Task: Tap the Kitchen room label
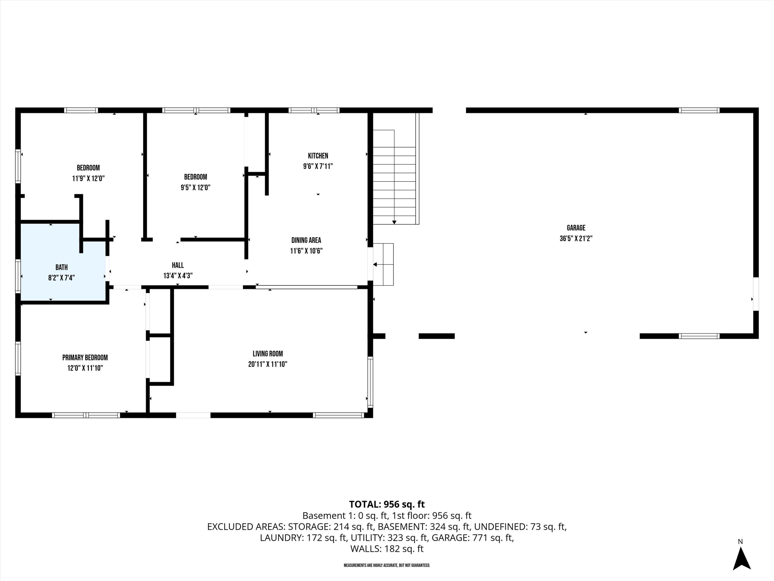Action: click(x=318, y=156)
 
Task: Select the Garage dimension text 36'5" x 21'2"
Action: click(x=576, y=239)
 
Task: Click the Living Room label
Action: click(x=268, y=354)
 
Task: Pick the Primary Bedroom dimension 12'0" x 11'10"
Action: click(x=85, y=368)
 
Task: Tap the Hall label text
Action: click(x=178, y=265)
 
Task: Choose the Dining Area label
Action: click(x=306, y=240)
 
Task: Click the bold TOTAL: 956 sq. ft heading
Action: click(x=387, y=504)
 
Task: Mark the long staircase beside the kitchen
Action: click(x=394, y=177)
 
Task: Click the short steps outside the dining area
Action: click(x=383, y=264)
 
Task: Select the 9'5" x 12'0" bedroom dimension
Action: click(x=195, y=187)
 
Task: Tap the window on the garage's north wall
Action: click(x=699, y=110)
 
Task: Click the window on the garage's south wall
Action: click(x=699, y=336)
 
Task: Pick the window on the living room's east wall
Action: click(x=370, y=382)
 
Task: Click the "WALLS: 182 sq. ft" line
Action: click(x=387, y=548)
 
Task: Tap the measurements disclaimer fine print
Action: click(x=387, y=566)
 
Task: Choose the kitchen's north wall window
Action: click(x=314, y=110)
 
